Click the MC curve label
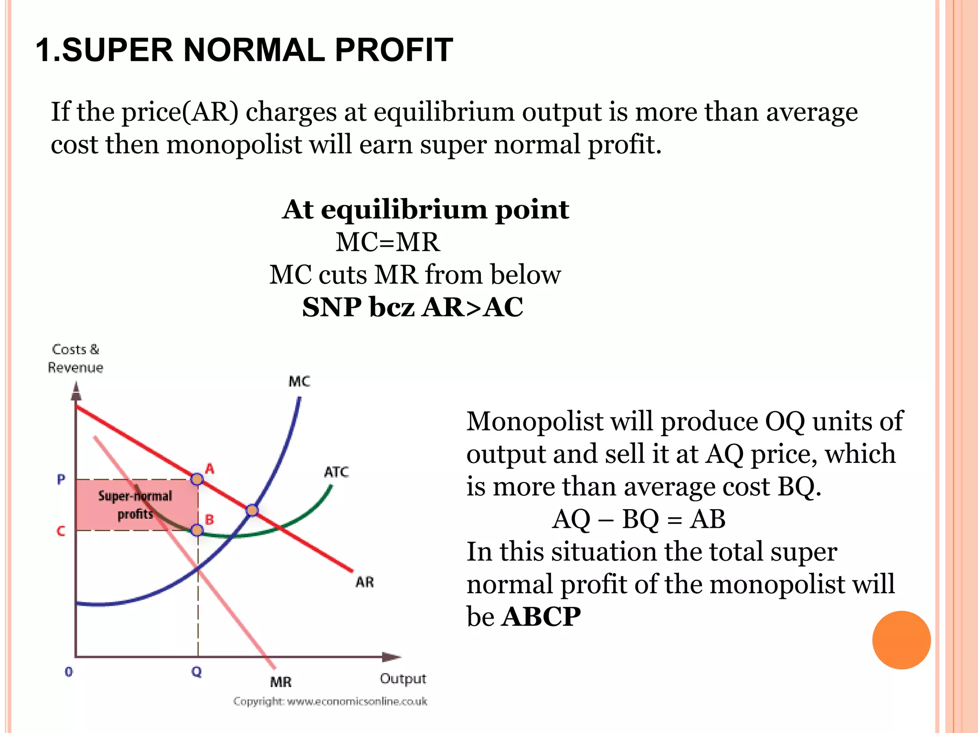[299, 381]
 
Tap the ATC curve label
[336, 472]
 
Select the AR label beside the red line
[364, 582]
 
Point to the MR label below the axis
[280, 682]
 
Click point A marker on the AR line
[197, 479]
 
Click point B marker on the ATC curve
[197, 530]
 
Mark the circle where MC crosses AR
[252, 511]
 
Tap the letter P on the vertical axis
[61, 479]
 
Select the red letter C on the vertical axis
[61, 531]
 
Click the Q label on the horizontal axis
[196, 672]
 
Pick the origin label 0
[69, 672]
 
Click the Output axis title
[403, 679]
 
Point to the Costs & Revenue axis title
[75, 358]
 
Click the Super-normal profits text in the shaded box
[135, 505]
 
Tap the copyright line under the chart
[330, 702]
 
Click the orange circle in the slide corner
[901, 640]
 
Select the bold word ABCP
[541, 617]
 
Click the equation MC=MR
[387, 242]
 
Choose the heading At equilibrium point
[425, 209]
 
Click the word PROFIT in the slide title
[393, 50]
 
